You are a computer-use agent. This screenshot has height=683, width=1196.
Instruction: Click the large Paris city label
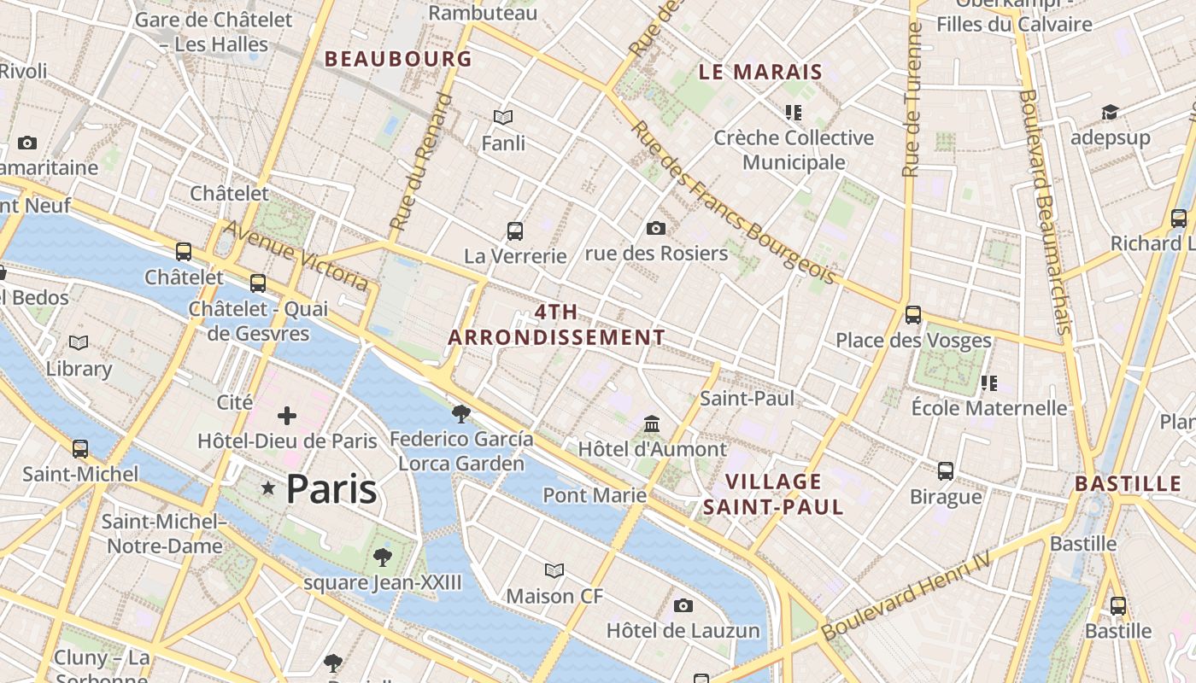tap(331, 488)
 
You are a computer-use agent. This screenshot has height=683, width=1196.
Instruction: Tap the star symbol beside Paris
tap(268, 488)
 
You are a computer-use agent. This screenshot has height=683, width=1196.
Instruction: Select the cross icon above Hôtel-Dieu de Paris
tap(287, 416)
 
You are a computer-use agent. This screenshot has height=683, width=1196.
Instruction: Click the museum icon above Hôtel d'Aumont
tap(652, 423)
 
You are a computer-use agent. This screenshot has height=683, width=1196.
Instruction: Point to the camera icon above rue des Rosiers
tap(656, 228)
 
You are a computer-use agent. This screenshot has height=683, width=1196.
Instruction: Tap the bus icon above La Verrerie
tap(515, 231)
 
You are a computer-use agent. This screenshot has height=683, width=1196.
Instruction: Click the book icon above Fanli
tap(503, 117)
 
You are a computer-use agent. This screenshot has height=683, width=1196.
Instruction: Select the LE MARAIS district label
tap(760, 73)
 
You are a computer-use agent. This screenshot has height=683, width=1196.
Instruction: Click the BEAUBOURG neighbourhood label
tap(398, 59)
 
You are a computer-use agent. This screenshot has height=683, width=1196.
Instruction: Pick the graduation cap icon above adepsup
tap(1110, 113)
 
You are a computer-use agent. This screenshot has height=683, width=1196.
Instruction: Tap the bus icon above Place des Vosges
tap(913, 315)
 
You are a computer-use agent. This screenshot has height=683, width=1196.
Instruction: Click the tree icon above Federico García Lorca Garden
tap(461, 414)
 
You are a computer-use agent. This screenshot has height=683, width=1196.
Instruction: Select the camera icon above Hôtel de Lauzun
tap(683, 605)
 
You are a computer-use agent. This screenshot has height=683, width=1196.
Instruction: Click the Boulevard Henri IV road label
tap(906, 597)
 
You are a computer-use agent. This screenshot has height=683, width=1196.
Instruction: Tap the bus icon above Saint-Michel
tap(80, 448)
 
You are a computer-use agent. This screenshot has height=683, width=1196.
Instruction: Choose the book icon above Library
tap(79, 343)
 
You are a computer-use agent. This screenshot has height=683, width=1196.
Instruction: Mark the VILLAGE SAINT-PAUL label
tap(773, 494)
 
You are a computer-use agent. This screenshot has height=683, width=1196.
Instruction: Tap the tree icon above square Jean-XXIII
tap(383, 557)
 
